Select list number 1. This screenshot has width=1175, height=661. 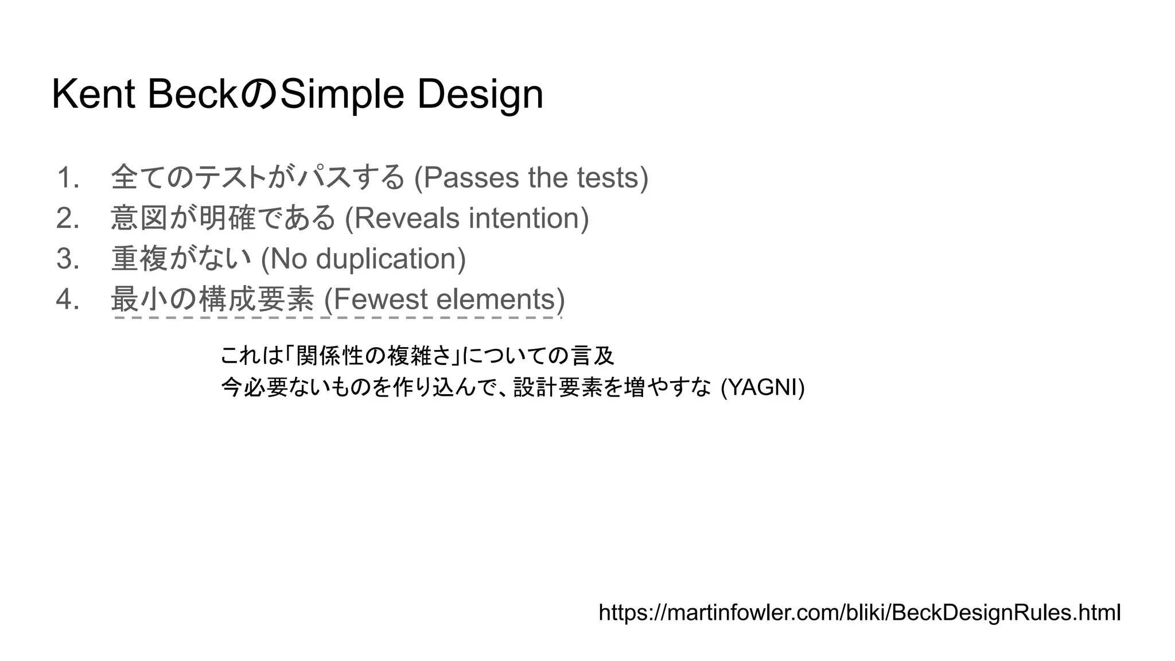tap(68, 177)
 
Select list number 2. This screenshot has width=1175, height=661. tap(68, 218)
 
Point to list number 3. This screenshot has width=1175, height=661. tap(68, 259)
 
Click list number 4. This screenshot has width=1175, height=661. tap(68, 300)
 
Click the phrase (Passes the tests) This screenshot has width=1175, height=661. tap(531, 177)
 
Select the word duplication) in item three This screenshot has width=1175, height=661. tap(391, 259)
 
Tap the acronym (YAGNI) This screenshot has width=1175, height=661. tap(762, 388)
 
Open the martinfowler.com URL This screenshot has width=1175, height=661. tap(859, 612)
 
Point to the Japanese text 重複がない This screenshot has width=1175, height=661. tap(181, 259)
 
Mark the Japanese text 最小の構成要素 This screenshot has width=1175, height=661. tap(212, 300)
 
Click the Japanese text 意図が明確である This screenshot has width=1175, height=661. tap(223, 218)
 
